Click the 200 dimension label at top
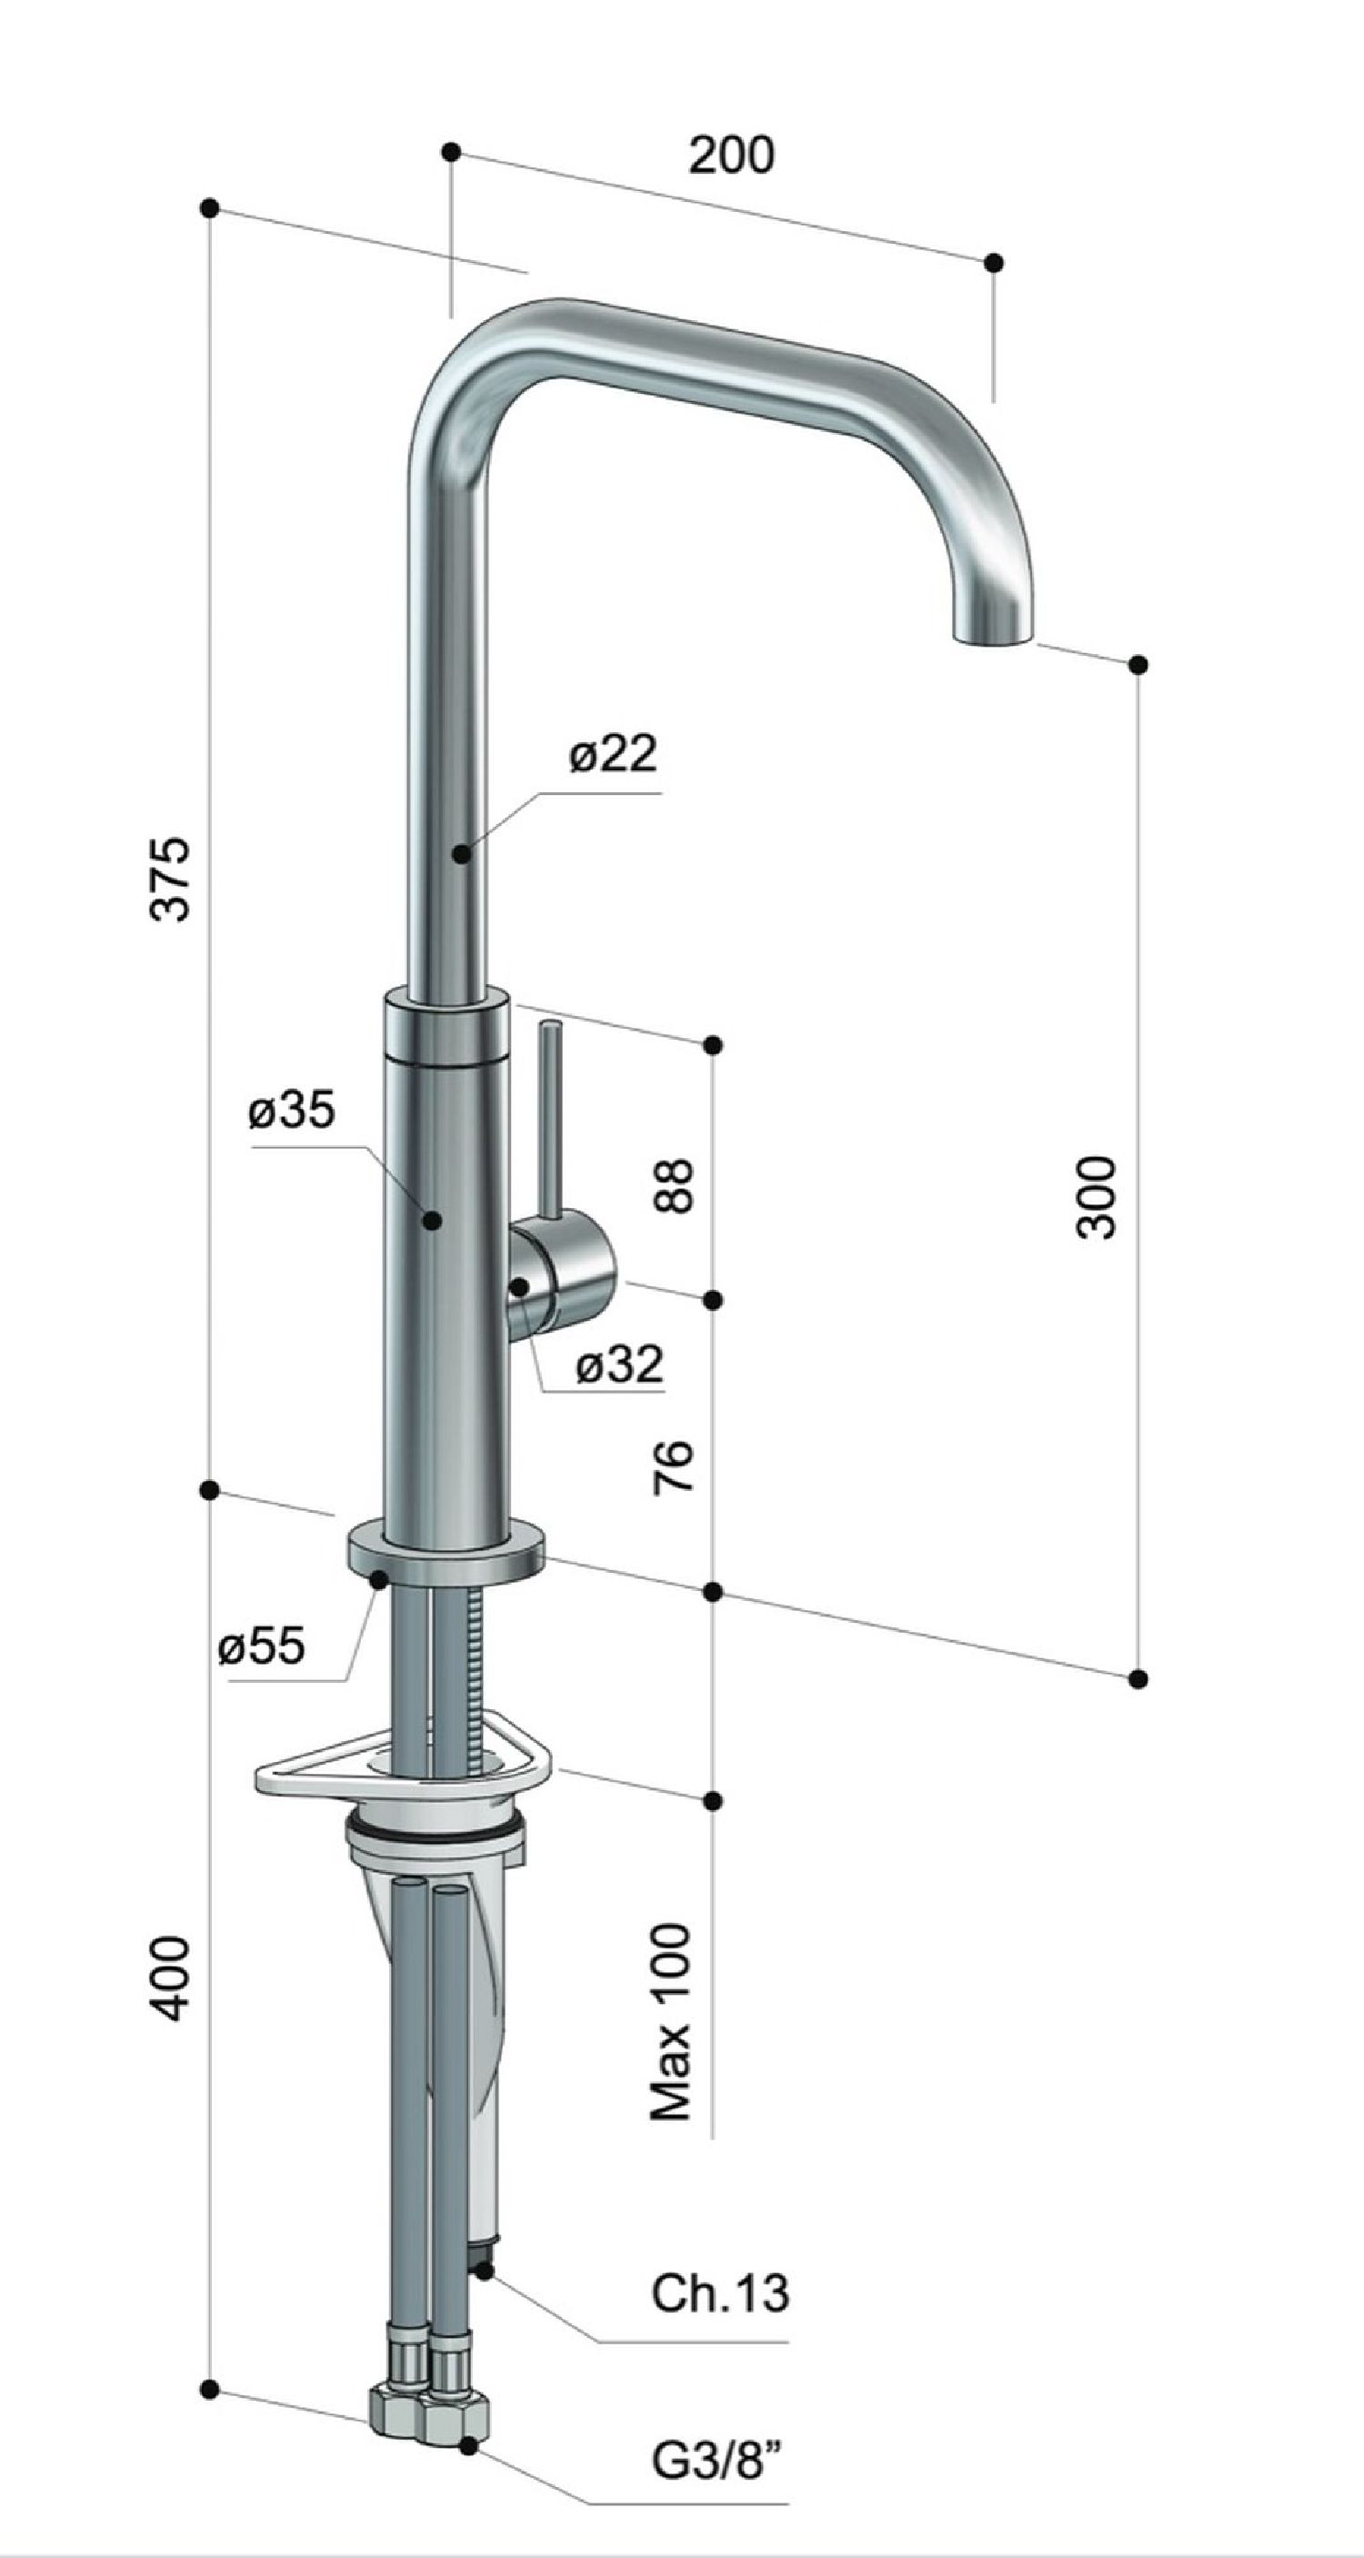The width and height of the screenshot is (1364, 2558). pos(732,156)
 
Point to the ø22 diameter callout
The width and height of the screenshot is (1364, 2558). pos(613,755)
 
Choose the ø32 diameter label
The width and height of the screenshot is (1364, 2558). pos(618,1365)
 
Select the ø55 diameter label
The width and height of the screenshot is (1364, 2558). pos(261,1647)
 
